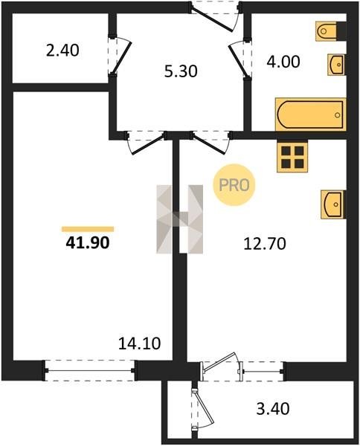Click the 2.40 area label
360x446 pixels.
pyautogui.click(x=62, y=51)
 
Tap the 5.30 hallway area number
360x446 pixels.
pyautogui.click(x=181, y=71)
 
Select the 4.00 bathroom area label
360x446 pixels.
pyautogui.click(x=283, y=62)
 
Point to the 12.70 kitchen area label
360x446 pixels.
pyautogui.click(x=265, y=244)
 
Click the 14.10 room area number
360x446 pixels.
pyautogui.click(x=139, y=343)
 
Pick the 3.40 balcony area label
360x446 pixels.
pyautogui.click(x=273, y=409)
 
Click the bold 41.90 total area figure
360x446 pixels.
pyautogui.click(x=87, y=243)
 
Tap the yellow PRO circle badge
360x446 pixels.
pyautogui.click(x=234, y=185)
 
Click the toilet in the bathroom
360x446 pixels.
pyautogui.click(x=331, y=30)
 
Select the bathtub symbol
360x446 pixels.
pyautogui.click(x=311, y=114)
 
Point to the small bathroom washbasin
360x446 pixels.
pyautogui.click(x=337, y=65)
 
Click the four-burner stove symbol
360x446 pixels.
pyautogui.click(x=292, y=157)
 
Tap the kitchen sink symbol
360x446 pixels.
pyautogui.click(x=333, y=204)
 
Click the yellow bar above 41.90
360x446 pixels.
pyautogui.click(x=88, y=229)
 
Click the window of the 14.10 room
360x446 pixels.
pyautogui.click(x=90, y=371)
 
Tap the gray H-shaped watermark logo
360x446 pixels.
pyautogui.click(x=179, y=219)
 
